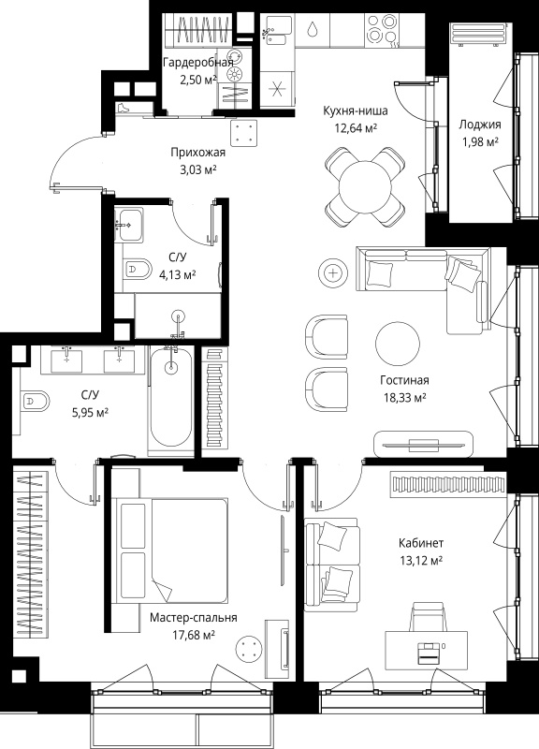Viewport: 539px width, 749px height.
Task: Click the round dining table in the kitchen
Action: click(x=365, y=186)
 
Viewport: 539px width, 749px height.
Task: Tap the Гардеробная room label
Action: click(x=198, y=62)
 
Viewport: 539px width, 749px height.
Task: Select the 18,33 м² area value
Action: click(x=405, y=397)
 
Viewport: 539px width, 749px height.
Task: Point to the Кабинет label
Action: click(x=421, y=543)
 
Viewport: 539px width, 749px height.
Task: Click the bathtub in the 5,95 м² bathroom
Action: click(x=171, y=401)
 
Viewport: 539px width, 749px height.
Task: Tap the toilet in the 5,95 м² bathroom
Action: click(x=35, y=402)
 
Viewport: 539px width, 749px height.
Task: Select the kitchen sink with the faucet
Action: click(x=276, y=31)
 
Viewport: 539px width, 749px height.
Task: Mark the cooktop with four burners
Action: click(x=382, y=30)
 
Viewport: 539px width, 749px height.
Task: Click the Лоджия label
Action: click(x=480, y=125)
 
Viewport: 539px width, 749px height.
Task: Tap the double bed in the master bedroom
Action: click(x=170, y=551)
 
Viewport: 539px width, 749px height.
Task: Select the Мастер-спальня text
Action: click(x=194, y=618)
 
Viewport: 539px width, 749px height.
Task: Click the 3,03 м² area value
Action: click(x=198, y=170)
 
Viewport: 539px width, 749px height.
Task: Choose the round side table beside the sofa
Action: click(x=333, y=273)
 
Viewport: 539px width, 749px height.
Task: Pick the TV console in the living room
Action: click(x=424, y=444)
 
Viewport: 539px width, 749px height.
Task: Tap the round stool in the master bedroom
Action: click(x=248, y=649)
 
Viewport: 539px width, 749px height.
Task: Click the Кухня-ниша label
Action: click(x=356, y=110)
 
